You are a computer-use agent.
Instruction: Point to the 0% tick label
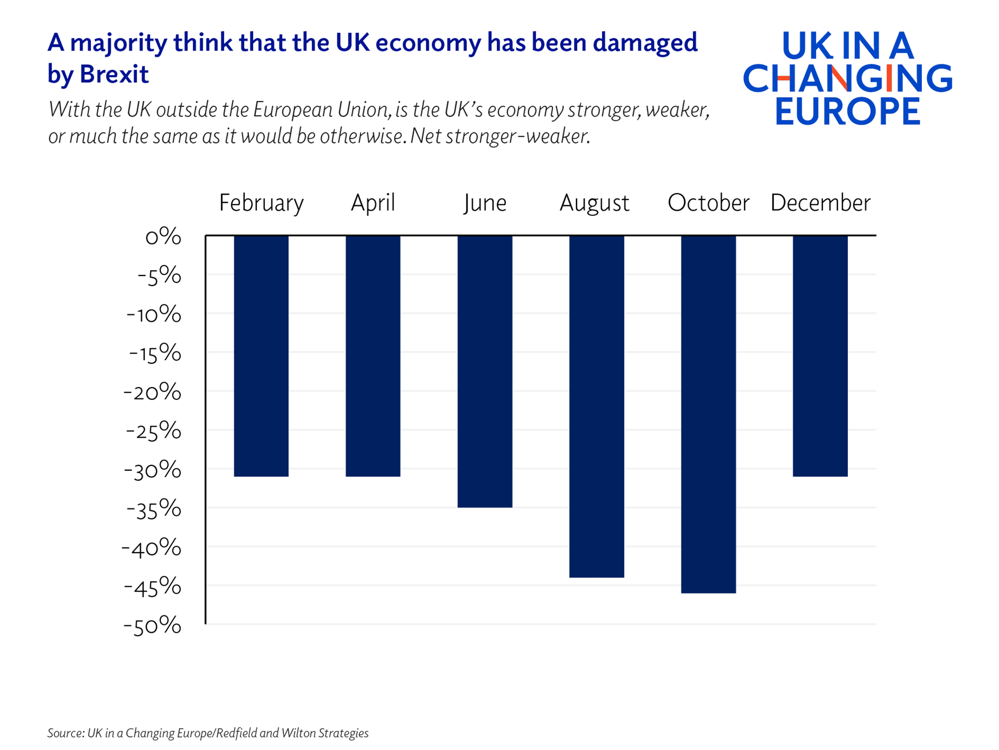[163, 236]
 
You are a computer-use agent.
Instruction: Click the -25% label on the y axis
[153, 431]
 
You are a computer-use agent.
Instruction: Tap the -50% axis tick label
[152, 626]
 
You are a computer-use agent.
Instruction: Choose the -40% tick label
[151, 548]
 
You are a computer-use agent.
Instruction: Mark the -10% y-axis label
[153, 314]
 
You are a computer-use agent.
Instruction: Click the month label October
[708, 203]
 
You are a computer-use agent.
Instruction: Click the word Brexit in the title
[114, 74]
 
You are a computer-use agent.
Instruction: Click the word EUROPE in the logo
[847, 111]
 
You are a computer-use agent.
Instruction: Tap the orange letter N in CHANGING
[838, 78]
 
